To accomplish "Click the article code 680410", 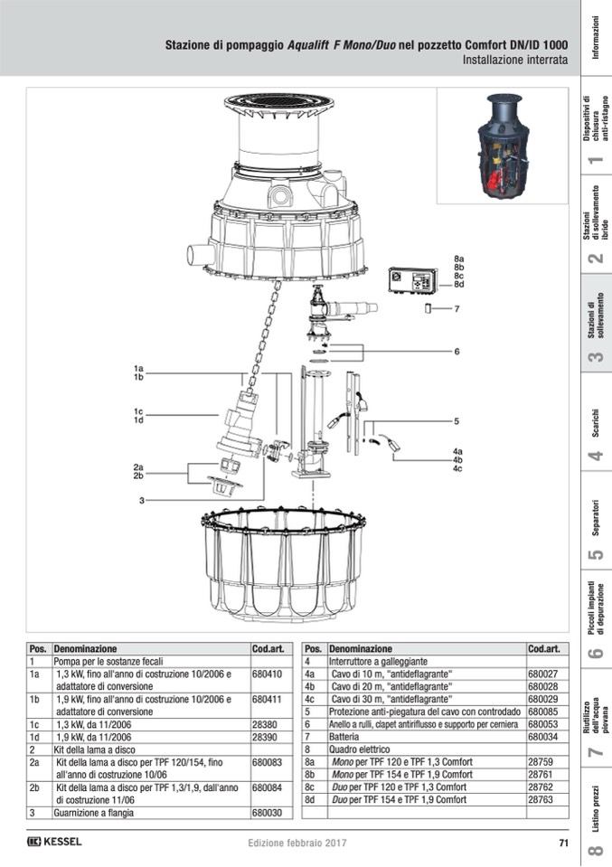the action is pyautogui.click(x=267, y=674).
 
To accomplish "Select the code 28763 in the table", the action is pyautogui.click(x=540, y=799).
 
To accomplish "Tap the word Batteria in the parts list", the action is pyautogui.click(x=344, y=737).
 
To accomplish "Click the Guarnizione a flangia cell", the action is pyautogui.click(x=93, y=813).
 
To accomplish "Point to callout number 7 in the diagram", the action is pyautogui.click(x=457, y=309).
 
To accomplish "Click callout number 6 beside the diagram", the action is pyautogui.click(x=457, y=351).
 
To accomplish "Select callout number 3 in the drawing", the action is pyautogui.click(x=142, y=501).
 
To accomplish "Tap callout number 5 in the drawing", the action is pyautogui.click(x=457, y=421).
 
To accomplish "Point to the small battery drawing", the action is pyautogui.click(x=428, y=308).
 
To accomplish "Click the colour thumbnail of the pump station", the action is pyautogui.click(x=502, y=145).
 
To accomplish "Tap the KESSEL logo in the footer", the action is pyautogui.click(x=54, y=842).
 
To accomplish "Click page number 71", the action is pyautogui.click(x=563, y=843).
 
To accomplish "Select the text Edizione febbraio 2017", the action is pyautogui.click(x=297, y=843).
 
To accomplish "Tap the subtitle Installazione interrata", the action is pyautogui.click(x=515, y=60).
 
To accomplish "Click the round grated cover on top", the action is pyautogui.click(x=279, y=102).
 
